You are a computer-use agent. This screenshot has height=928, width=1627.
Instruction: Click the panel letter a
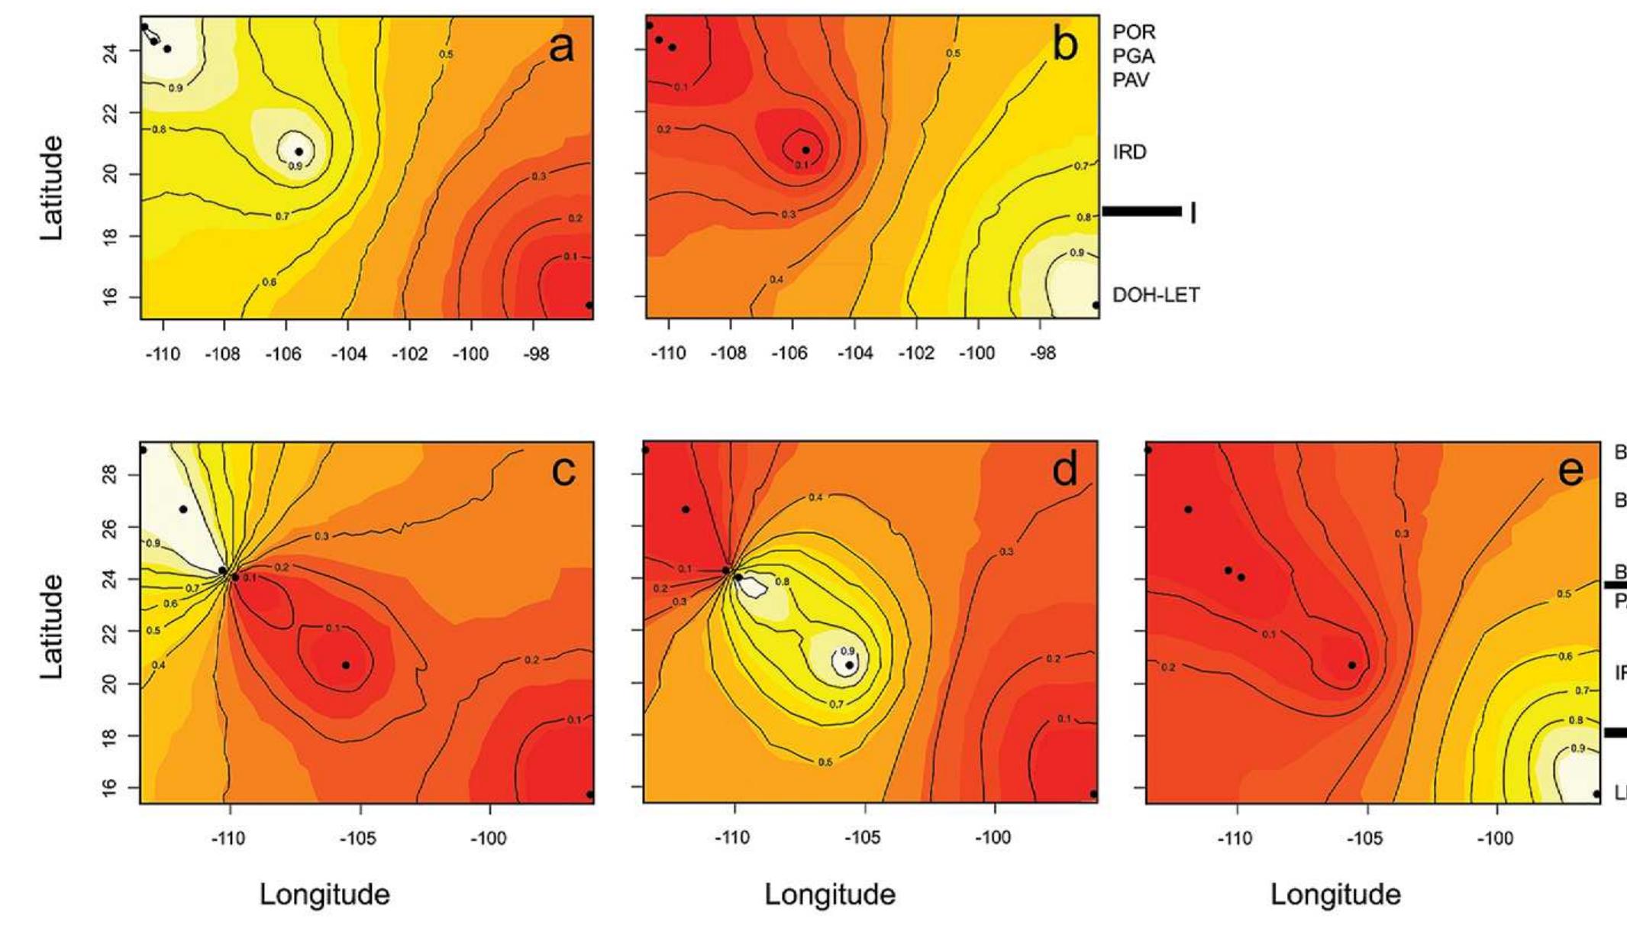pyautogui.click(x=561, y=47)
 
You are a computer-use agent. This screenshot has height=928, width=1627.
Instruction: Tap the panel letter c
pyautogui.click(x=563, y=471)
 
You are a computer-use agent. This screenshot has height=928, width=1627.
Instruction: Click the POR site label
pyautogui.click(x=1134, y=32)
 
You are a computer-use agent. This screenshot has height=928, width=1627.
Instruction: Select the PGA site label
pyautogui.click(x=1134, y=57)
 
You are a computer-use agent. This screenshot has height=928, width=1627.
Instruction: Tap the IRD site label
pyautogui.click(x=1129, y=152)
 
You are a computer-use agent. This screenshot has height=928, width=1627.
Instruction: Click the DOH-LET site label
pyautogui.click(x=1155, y=295)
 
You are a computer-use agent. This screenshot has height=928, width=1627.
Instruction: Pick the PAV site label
pyautogui.click(x=1131, y=80)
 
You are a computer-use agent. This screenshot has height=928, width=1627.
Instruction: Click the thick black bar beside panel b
pyautogui.click(x=1141, y=211)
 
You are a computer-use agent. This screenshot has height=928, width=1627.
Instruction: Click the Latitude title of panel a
pyautogui.click(x=52, y=188)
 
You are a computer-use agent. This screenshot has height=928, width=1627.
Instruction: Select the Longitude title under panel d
pyautogui.click(x=830, y=894)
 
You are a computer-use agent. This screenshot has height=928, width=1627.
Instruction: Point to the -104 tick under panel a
pyautogui.click(x=348, y=354)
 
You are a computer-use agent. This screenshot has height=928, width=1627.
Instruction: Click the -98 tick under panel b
pyautogui.click(x=1042, y=354)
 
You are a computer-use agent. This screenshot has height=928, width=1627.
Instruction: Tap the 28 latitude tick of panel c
pyautogui.click(x=109, y=476)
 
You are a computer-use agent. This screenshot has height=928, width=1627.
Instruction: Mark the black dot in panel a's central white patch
pyautogui.click(x=299, y=151)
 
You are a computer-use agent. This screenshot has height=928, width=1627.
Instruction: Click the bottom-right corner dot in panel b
pyautogui.click(x=1096, y=305)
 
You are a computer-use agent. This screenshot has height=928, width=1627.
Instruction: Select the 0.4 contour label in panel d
pyautogui.click(x=815, y=497)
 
